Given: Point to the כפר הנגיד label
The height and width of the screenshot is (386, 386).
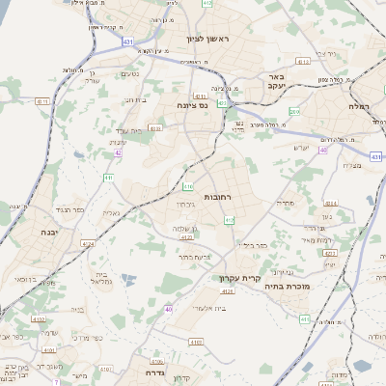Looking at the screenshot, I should [69, 208].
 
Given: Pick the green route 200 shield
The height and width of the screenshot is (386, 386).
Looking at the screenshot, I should [294, 112].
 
